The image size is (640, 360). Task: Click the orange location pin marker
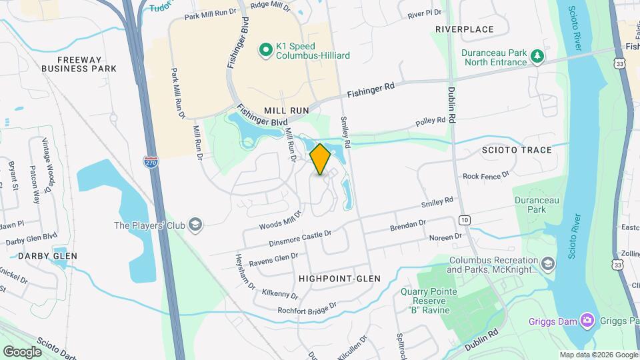pyautogui.click(x=320, y=159)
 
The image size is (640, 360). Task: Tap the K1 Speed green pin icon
pyautogui.click(x=265, y=49)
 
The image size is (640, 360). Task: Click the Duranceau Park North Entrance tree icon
pyautogui.click(x=537, y=57)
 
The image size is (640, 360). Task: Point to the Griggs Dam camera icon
pyautogui.click(x=587, y=321)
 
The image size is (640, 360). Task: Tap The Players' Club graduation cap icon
pyautogui.click(x=195, y=225)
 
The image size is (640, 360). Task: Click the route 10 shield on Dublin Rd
pyautogui.click(x=464, y=219)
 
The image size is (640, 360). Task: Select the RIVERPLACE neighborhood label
pyautogui.click(x=464, y=29)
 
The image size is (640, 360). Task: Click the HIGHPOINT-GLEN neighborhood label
pyautogui.click(x=339, y=279)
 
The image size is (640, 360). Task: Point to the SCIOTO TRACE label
pyautogui.click(x=517, y=150)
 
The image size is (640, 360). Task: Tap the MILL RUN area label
pyautogui.click(x=287, y=110)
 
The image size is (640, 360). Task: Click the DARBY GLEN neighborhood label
pyautogui.click(x=47, y=256)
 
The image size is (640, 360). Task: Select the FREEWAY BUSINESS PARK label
pyautogui.click(x=79, y=63)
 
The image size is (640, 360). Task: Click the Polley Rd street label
pyautogui.click(x=430, y=121)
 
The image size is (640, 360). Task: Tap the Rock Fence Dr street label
pyautogui.click(x=485, y=175)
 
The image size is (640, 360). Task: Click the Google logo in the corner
pyautogui.click(x=22, y=351)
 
